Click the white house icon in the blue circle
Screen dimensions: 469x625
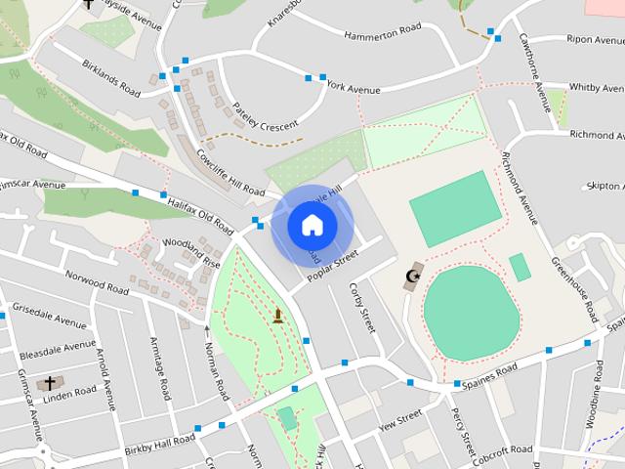coord(312,226)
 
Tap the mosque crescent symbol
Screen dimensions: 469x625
coord(412,277)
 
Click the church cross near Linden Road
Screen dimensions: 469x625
coord(50,383)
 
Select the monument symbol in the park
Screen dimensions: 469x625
coord(278,315)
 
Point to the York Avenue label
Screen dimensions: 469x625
coord(354,87)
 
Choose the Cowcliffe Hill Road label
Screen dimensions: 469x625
coord(230,171)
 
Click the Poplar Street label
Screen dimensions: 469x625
coord(333,266)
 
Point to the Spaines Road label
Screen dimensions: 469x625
coord(491,373)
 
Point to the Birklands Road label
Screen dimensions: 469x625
coord(111,79)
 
